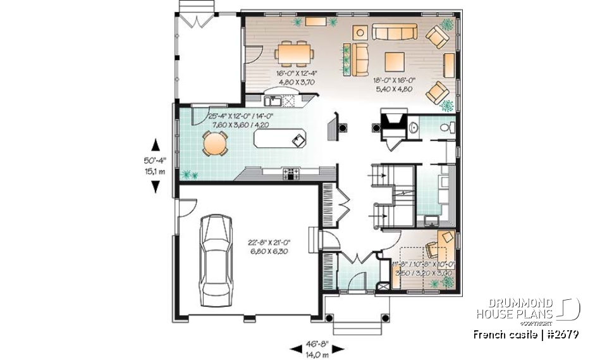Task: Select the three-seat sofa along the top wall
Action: [393, 32]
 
